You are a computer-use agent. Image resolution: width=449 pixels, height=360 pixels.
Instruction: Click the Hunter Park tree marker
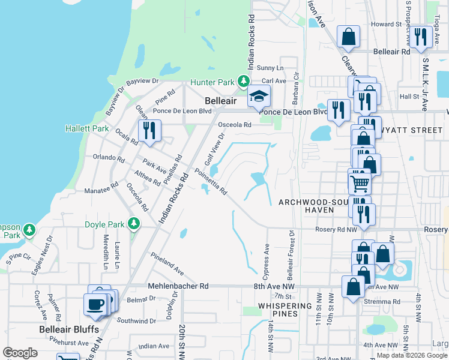click(243, 81)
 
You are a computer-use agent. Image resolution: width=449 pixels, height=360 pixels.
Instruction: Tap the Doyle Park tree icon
click(134, 224)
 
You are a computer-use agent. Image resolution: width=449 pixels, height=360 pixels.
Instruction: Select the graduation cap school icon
click(259, 96)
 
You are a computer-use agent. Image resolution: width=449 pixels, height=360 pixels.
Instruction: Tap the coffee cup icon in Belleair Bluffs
click(96, 304)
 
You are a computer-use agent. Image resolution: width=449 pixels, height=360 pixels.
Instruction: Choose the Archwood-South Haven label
click(313, 206)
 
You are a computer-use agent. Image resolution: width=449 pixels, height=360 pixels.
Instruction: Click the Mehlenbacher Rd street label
click(184, 287)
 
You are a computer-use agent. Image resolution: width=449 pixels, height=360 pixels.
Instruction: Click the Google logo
click(20, 353)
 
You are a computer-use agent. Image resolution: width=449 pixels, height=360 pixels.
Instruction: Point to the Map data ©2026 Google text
click(411, 355)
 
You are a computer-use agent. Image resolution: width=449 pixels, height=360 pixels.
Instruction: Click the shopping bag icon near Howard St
click(348, 36)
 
